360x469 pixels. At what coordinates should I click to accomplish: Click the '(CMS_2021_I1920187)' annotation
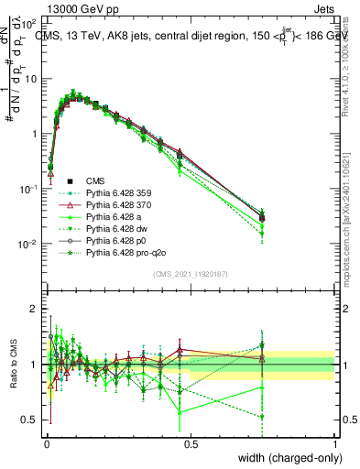click(x=190, y=275)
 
